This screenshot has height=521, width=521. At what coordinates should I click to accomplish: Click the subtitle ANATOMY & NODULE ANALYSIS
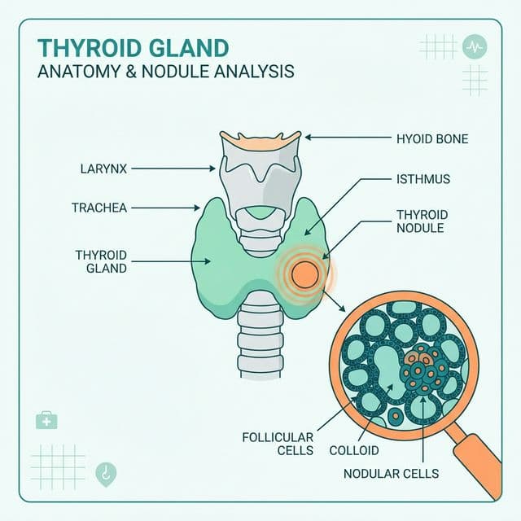166,71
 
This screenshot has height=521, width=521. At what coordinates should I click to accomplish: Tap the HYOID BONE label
431,138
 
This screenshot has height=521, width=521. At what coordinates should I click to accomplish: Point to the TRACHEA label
99,208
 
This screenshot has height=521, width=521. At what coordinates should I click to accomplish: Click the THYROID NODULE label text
421,221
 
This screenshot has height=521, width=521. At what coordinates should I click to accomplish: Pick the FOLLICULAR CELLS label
278,444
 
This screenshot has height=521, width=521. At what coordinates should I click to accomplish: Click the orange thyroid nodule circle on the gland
304,273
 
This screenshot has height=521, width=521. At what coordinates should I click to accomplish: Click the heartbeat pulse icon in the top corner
475,46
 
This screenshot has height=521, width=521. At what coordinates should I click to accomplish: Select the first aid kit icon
46,420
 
